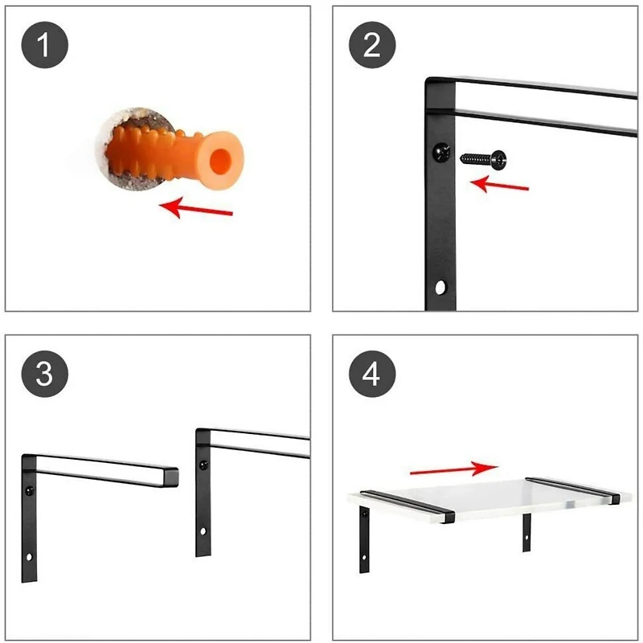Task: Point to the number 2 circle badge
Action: (371, 46)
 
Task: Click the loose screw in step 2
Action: (483, 158)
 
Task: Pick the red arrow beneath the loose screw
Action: (499, 185)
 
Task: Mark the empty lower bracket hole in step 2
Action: (440, 285)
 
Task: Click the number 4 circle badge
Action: (371, 373)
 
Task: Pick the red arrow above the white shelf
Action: (454, 467)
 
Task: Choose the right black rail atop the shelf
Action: (573, 489)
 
